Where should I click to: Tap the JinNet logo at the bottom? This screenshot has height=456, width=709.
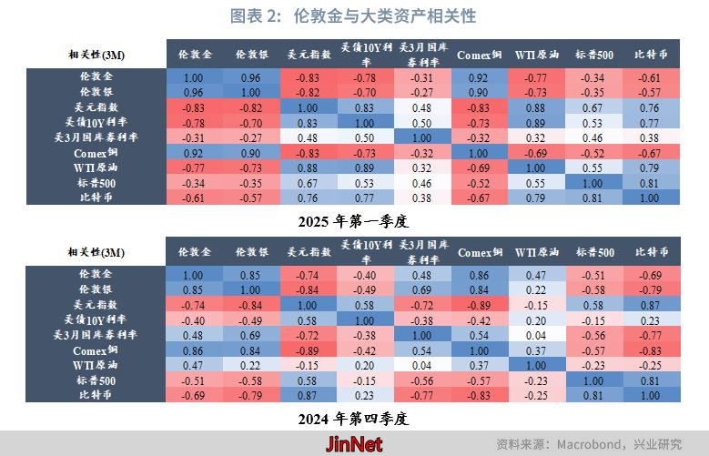[x=354, y=444]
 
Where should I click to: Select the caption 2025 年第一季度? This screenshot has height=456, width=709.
[x=355, y=220]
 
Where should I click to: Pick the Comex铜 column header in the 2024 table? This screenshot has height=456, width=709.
[x=480, y=252]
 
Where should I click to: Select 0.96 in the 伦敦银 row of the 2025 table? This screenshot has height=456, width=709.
[x=194, y=93]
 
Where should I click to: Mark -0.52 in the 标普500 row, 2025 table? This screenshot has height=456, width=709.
[x=480, y=182]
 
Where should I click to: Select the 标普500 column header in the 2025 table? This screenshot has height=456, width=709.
[x=596, y=54]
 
